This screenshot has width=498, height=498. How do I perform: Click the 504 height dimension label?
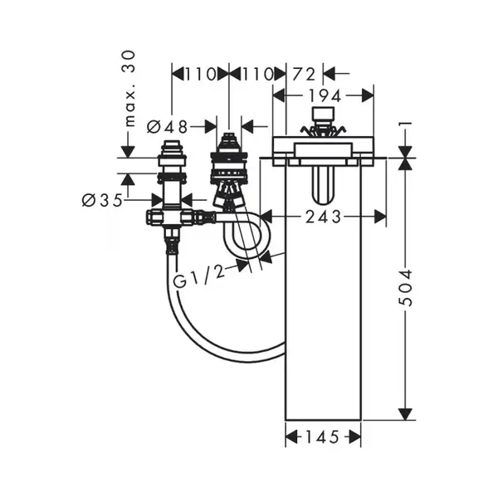coord(405,288)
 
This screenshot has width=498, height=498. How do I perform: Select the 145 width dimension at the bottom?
coord(322,437)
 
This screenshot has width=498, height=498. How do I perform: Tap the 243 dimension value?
coord(323,217)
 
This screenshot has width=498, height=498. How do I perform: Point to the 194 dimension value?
coord(325,96)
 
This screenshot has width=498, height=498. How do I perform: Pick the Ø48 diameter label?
coord(168,127)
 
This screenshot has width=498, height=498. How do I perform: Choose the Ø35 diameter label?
coord(102,200)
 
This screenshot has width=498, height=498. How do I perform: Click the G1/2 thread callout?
coord(199,277)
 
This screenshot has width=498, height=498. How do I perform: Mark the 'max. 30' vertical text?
coord(129,89)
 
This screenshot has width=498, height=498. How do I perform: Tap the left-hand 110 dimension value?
coord(200,74)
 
